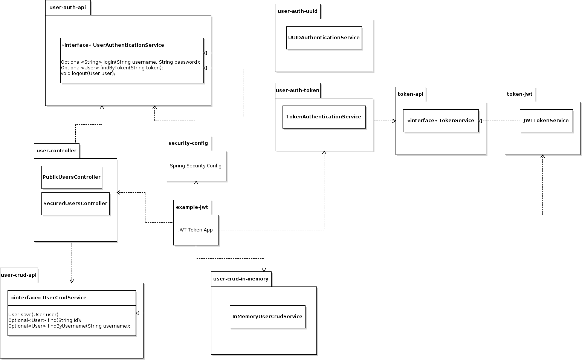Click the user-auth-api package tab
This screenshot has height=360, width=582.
[68, 8]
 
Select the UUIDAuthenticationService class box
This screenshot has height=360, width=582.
[324, 38]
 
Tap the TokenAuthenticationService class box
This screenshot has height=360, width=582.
[324, 117]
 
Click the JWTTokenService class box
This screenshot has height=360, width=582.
[546, 121]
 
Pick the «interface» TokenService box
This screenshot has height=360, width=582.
[441, 121]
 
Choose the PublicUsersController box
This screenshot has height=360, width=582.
[72, 177]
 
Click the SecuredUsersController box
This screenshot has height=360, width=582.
[75, 204]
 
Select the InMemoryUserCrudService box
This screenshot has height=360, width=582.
[267, 317]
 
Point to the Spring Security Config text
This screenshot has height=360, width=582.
[196, 166]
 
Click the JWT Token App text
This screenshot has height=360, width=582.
[196, 230]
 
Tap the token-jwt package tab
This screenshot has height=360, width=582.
[519, 94]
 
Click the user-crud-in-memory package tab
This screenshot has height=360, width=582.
[241, 279]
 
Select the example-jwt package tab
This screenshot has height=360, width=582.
[192, 207]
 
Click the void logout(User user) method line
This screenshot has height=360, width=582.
[88, 73]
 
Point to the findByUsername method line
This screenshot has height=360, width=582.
[69, 326]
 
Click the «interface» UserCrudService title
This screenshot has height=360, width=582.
[49, 298]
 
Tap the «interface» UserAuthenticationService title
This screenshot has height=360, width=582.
[113, 45]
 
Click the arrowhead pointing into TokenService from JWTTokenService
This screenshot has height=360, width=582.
[480, 121]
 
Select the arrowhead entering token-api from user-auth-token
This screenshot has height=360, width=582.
[394, 121]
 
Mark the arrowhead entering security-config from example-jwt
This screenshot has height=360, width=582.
[196, 183]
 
